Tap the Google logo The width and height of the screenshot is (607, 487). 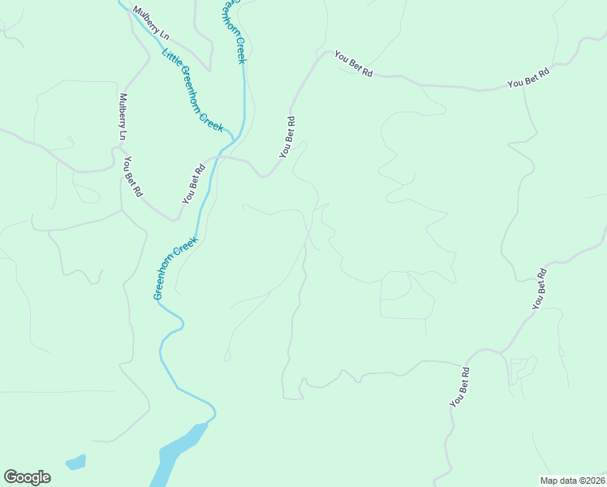27,477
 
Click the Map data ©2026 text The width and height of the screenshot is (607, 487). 572,480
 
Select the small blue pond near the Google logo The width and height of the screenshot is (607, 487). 75,463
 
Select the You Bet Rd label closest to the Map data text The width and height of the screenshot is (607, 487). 460,387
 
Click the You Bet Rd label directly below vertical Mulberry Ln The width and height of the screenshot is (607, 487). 132,177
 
